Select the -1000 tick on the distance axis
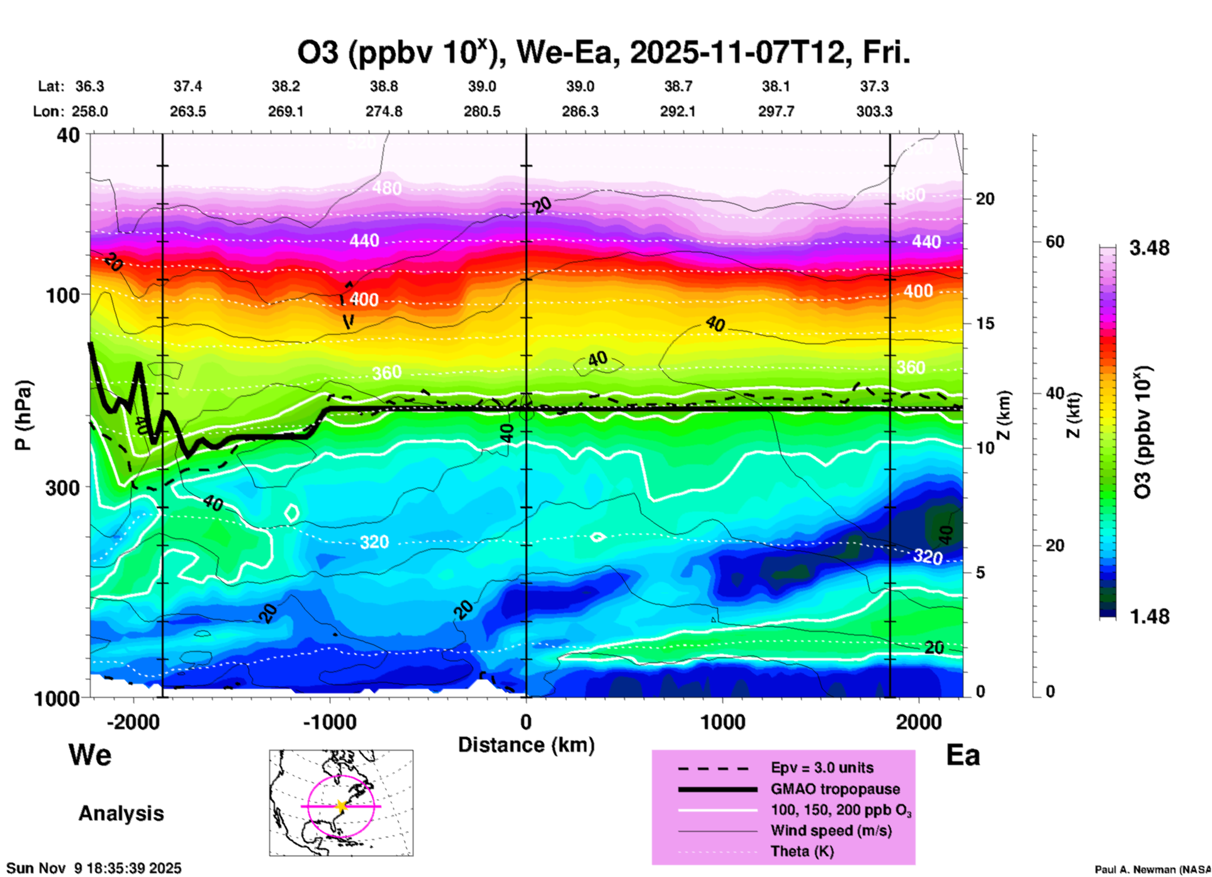329,722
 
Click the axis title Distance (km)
526,745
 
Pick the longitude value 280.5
482,111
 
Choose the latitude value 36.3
90,86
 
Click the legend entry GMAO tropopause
835,789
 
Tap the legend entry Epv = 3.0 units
822,768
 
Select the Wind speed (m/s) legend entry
831,830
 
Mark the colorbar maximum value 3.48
1149,249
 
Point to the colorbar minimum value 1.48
1149,617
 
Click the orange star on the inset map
341,806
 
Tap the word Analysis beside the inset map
121,813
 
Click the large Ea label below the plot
963,756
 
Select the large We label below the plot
90,755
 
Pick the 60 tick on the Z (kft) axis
1055,242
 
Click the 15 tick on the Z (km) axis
985,323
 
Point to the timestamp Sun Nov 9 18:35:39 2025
94,868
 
